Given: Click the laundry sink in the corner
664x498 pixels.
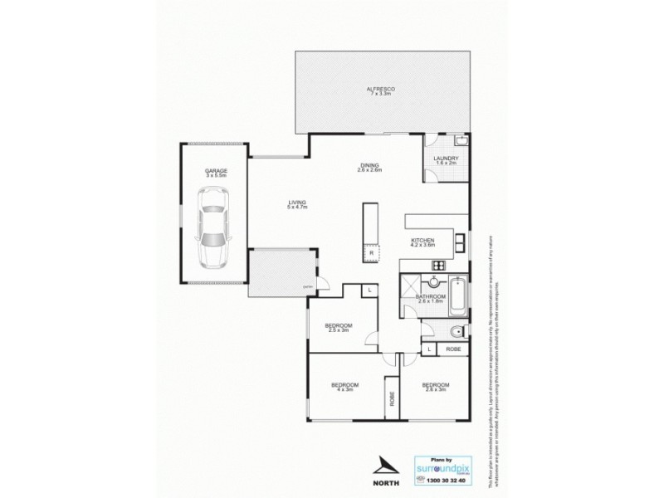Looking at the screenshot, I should pos(462,141).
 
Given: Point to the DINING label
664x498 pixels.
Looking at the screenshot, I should pos(369,166).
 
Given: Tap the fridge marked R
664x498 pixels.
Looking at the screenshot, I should pos(371,251).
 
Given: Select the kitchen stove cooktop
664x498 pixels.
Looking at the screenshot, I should pos(437,266).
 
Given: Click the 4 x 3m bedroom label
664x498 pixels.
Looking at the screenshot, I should pos(344,387).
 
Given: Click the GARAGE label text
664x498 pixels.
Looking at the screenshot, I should pos(217,173).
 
